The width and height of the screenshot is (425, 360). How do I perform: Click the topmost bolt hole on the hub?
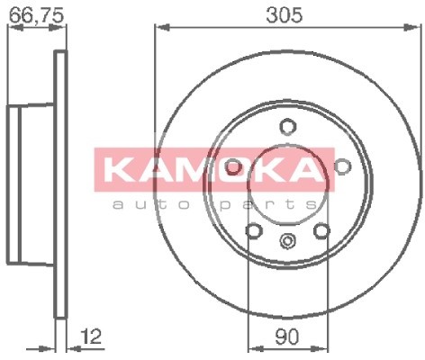pyautogui.click(x=287, y=126)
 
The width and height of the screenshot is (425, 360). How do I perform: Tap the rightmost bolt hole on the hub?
pyautogui.click(x=341, y=166)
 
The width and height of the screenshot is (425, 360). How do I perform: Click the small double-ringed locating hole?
pyautogui.click(x=287, y=240)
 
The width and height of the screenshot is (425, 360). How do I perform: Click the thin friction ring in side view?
pyautogui.click(x=61, y=184)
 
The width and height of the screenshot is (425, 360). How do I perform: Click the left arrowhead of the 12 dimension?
pyautogui.click(x=51, y=346)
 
